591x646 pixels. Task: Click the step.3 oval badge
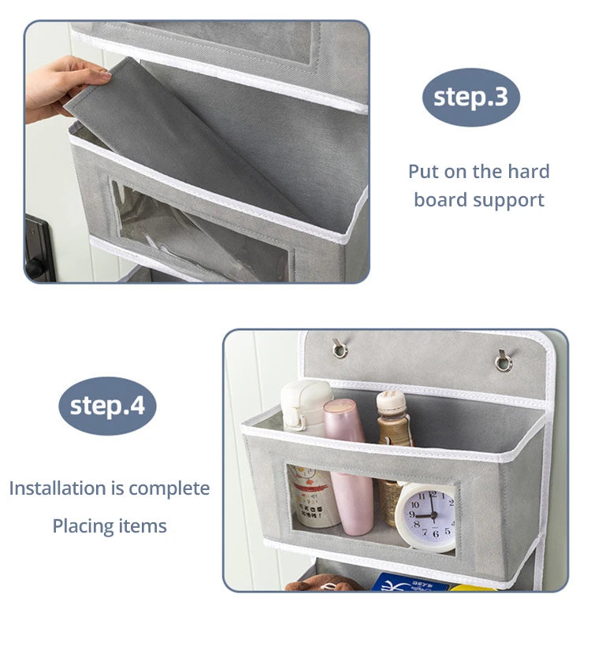470,97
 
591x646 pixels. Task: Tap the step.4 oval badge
107,406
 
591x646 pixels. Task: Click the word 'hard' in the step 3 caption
529,171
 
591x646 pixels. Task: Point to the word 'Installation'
58,488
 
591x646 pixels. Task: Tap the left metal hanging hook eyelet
340,348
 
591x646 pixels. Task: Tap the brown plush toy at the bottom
319,583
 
